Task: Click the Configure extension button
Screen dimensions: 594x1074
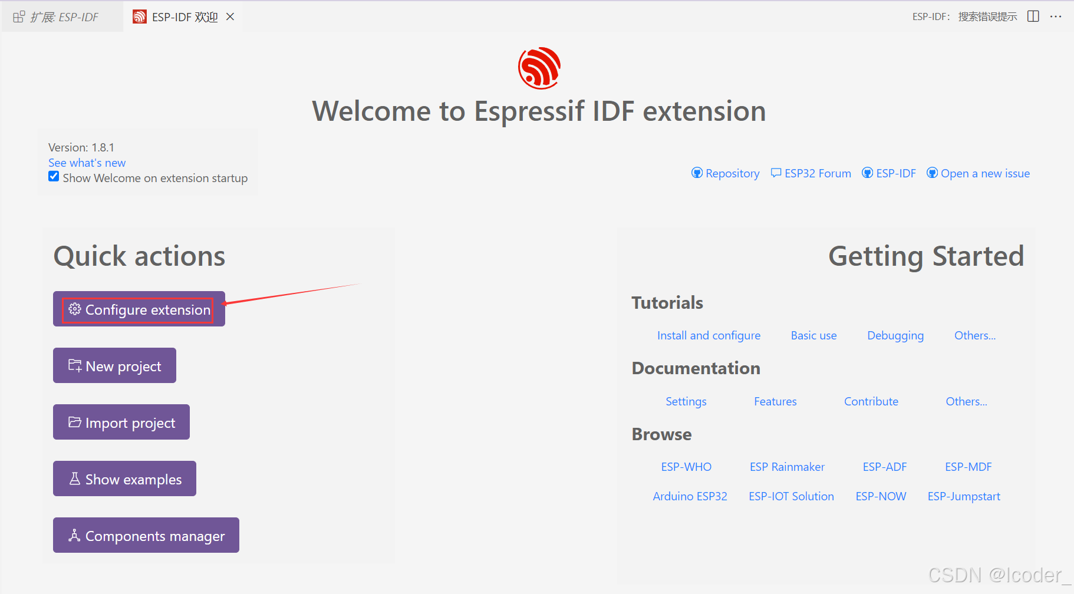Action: coord(139,309)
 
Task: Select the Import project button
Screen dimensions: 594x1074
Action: coord(121,422)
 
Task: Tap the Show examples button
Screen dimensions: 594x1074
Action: coord(124,478)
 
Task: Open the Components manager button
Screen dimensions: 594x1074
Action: coord(146,535)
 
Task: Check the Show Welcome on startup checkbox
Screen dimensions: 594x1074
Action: coord(54,177)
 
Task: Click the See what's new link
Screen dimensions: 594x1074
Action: coord(87,163)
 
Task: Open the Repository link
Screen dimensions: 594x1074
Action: coord(726,173)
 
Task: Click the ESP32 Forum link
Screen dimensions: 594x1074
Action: coord(811,173)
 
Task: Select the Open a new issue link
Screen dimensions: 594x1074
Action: coord(979,173)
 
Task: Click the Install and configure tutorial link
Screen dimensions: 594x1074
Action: coord(709,335)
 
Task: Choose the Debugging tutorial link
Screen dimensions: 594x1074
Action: coord(895,335)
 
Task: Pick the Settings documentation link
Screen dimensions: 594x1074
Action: coord(686,401)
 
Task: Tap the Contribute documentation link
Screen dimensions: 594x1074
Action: coord(871,401)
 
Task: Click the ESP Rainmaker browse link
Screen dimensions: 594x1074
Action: coord(787,467)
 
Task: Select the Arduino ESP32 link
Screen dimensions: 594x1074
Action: coord(690,496)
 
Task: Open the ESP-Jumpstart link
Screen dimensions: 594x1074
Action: coord(963,496)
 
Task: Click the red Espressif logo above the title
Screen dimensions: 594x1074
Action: coord(539,68)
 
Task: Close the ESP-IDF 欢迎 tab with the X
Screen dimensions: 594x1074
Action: coord(230,16)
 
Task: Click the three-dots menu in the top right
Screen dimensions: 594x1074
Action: coord(1055,16)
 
